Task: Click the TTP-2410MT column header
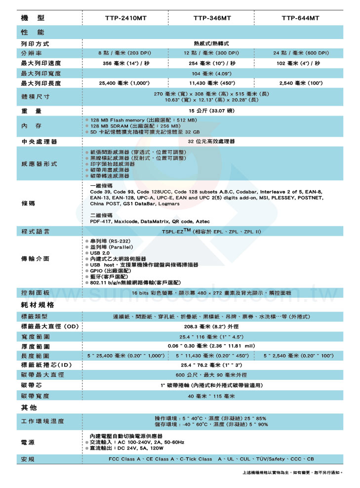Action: click(x=125, y=18)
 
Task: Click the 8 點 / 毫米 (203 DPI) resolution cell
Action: click(x=124, y=53)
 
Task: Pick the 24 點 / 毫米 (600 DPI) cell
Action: click(x=301, y=53)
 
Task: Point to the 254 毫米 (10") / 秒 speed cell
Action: click(x=212, y=63)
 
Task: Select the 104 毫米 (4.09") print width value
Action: click(x=212, y=73)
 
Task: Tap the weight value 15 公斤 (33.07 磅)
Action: click(x=212, y=111)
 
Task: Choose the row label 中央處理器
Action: click(x=39, y=142)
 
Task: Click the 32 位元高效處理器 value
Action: click(x=212, y=142)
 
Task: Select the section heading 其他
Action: click(x=28, y=407)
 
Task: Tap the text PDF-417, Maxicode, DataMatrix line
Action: click(x=150, y=222)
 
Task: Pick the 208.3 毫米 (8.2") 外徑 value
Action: click(x=212, y=326)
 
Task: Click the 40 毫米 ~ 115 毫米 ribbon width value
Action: click(x=212, y=396)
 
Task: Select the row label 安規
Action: click(x=28, y=459)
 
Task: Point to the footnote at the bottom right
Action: click(x=293, y=473)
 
